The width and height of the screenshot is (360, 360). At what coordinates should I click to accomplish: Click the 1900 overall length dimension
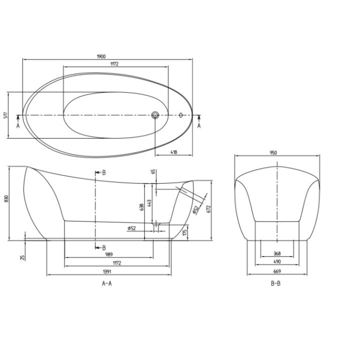[107, 55]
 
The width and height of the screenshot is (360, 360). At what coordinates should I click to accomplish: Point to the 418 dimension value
[173, 152]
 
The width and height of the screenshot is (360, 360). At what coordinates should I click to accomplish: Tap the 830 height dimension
[6, 199]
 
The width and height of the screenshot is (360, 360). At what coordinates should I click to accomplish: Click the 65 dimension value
[153, 172]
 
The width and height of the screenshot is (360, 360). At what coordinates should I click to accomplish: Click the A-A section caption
[106, 283]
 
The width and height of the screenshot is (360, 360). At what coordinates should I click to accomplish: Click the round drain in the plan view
[155, 115]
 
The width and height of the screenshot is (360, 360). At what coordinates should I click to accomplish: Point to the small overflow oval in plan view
[181, 115]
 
